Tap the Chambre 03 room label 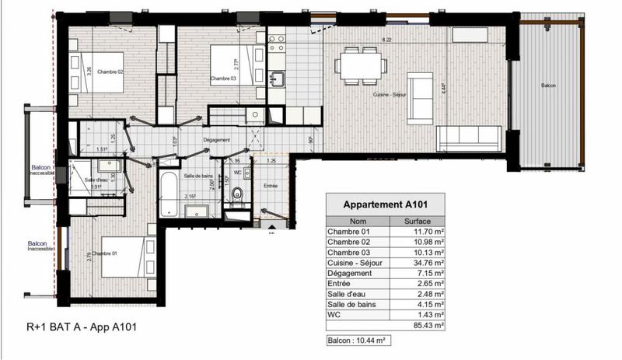pos(222,79)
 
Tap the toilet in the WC pos(239,195)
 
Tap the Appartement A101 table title pos(386,205)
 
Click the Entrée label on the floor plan pos(270,185)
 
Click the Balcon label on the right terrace pos(547,84)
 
